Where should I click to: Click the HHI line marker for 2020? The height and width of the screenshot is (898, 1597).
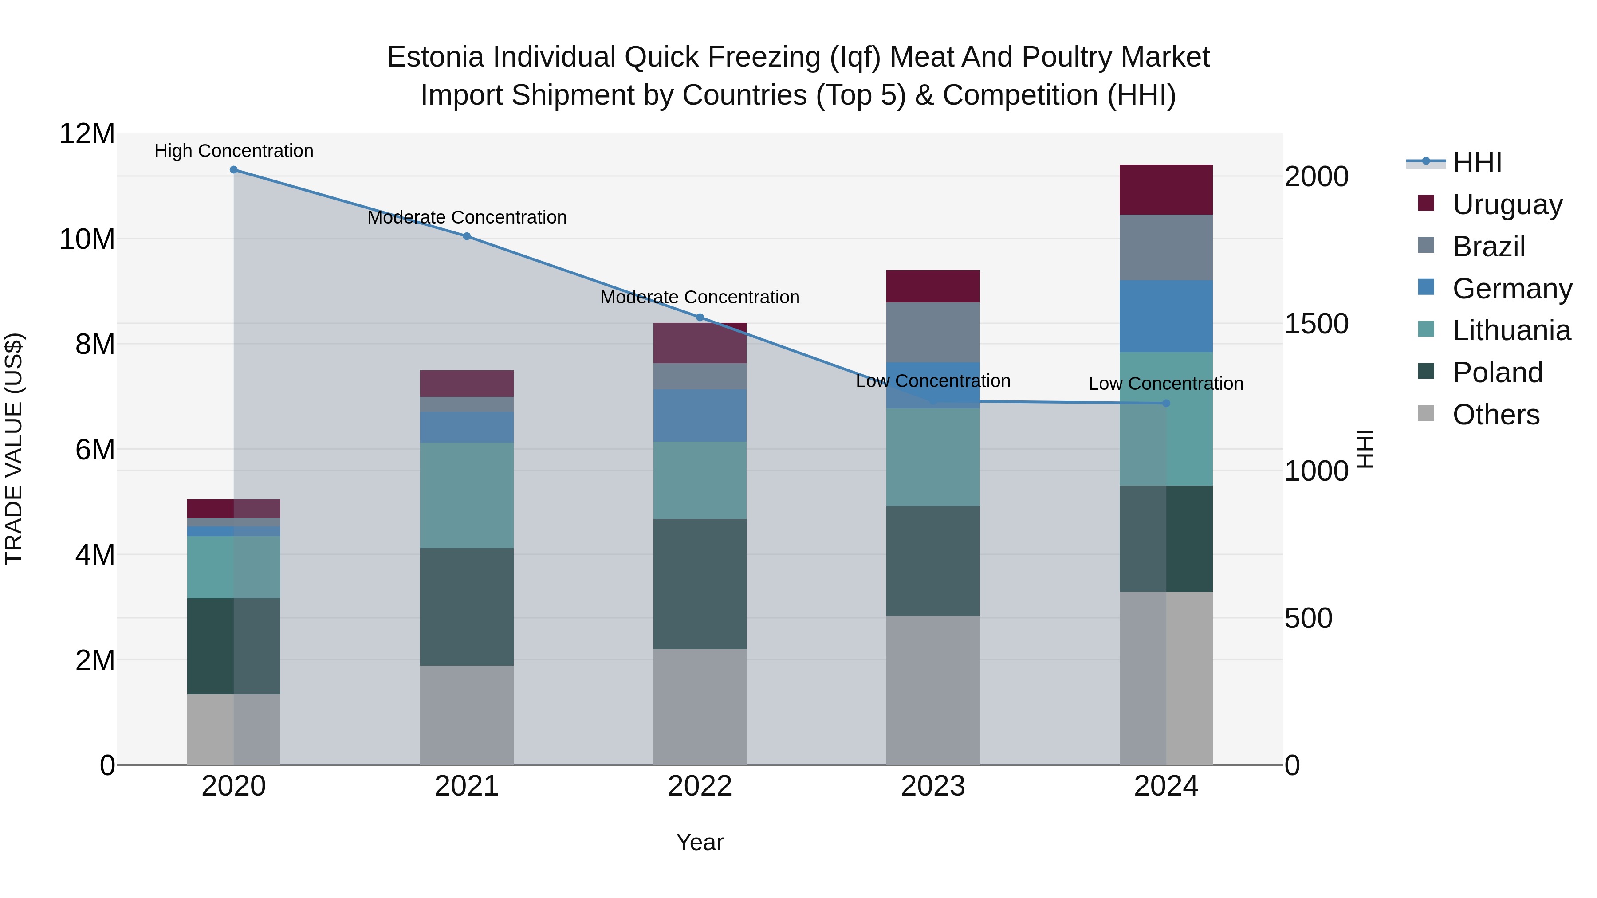[x=234, y=170]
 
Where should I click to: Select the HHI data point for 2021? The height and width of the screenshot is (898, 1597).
[x=467, y=236]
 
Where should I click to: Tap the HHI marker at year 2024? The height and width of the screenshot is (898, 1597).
[x=1166, y=404]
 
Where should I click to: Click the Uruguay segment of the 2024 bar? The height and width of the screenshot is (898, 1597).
[x=1166, y=190]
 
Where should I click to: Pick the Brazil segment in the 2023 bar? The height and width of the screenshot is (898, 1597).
[x=933, y=332]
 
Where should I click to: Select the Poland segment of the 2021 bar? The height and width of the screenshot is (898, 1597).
[x=467, y=607]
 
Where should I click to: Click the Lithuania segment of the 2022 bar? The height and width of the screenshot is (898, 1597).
[x=700, y=480]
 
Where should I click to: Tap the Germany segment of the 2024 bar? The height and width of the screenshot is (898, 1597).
[x=1166, y=316]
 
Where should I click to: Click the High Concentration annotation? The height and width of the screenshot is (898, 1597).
[x=234, y=151]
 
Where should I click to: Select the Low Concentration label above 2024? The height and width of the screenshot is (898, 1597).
[x=1166, y=384]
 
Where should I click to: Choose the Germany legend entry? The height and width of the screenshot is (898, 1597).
[x=1511, y=289]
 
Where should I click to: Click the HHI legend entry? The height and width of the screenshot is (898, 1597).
[x=1477, y=162]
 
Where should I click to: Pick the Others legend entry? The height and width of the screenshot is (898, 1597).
[x=1495, y=415]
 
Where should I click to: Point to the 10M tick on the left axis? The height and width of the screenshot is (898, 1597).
[x=87, y=239]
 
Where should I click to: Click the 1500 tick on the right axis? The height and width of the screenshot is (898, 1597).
[x=1316, y=324]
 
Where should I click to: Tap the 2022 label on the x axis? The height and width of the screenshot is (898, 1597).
[x=700, y=786]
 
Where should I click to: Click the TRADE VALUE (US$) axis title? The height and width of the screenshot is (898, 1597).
[x=14, y=449]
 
